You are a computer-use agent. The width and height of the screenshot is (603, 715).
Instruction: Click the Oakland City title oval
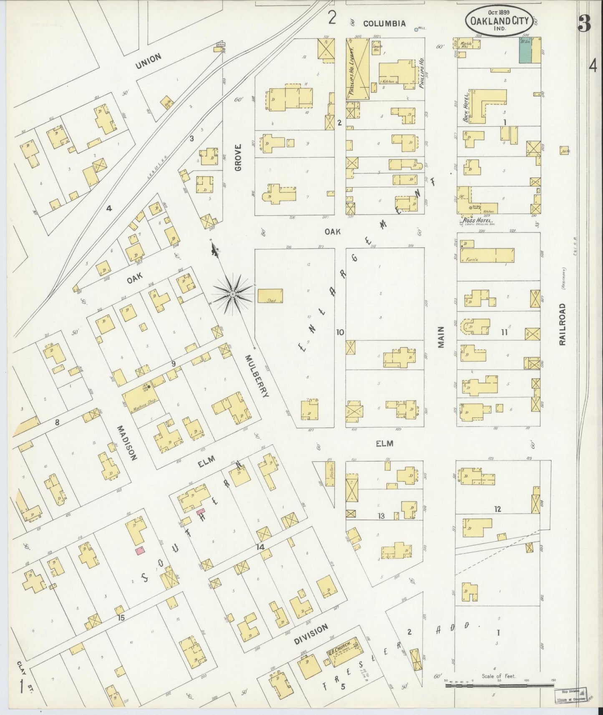(499, 21)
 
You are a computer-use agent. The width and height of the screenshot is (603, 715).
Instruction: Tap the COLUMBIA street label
(384, 24)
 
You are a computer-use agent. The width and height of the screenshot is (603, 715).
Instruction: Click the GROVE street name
(238, 157)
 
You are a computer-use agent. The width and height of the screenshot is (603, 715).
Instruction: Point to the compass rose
(232, 295)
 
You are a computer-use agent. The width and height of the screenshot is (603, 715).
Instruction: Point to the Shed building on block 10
(270, 296)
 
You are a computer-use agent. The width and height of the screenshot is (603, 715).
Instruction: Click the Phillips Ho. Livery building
(357, 69)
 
